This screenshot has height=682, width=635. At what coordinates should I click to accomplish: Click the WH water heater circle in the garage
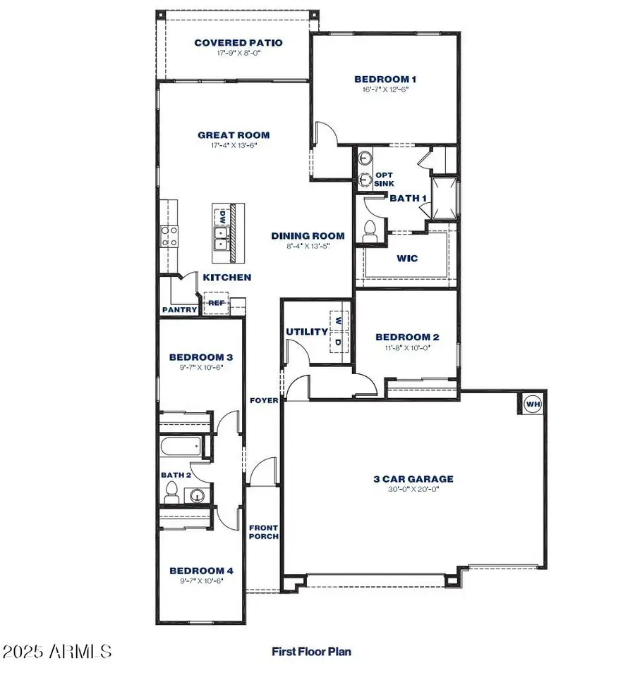click(533, 404)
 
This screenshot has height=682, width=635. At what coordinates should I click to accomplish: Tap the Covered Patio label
click(238, 42)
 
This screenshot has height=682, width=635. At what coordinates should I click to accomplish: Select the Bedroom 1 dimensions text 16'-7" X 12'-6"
click(385, 89)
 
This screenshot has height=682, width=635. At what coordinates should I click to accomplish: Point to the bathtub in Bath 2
click(181, 446)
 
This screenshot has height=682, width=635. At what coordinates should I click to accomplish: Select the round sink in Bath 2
click(198, 495)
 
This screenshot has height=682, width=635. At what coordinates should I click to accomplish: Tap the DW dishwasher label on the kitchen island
click(222, 216)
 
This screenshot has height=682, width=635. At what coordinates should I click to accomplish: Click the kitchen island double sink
click(222, 240)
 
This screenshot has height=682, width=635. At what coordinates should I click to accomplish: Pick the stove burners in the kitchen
click(169, 237)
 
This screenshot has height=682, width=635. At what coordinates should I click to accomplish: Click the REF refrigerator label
click(217, 303)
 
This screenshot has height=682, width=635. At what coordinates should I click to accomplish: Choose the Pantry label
click(179, 310)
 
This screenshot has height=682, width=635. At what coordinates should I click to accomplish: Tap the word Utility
click(307, 332)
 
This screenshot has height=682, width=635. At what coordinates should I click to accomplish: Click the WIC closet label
click(407, 259)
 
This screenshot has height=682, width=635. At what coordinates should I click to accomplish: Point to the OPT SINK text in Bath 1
click(384, 179)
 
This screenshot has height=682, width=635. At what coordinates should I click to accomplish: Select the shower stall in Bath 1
click(445, 198)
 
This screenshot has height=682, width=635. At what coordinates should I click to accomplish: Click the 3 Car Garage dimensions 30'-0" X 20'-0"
click(413, 490)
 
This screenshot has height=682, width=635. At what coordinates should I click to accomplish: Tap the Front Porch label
click(263, 532)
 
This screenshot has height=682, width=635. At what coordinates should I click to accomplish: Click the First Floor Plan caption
click(311, 652)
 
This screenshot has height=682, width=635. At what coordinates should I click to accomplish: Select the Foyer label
click(264, 401)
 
